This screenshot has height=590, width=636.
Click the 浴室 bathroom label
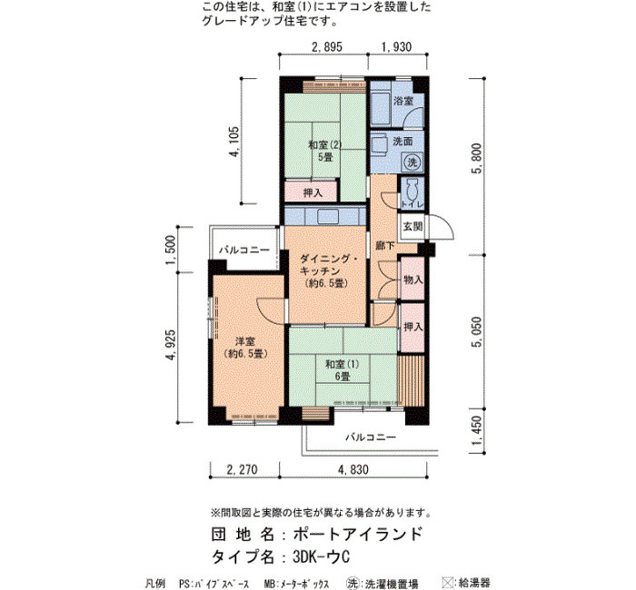[403, 101]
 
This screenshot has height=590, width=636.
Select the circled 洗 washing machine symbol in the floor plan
[412, 162]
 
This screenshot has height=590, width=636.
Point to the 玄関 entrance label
[412, 227]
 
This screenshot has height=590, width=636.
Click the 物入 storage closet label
[412, 280]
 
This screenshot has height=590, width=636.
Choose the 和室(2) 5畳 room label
[325, 151]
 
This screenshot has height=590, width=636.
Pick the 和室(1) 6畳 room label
[343, 370]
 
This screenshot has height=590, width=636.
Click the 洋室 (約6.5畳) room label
[245, 348]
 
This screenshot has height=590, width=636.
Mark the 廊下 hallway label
[385, 246]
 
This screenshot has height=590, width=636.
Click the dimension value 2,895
[326, 47]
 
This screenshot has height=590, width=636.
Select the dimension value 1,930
[396, 47]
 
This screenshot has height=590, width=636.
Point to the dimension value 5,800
[477, 158]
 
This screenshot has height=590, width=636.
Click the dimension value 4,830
[353, 469]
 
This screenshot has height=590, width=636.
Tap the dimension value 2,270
[243, 469]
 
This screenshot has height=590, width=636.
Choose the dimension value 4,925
[171, 345]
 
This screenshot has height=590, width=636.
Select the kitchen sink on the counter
[328, 217]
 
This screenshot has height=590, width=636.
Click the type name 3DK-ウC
[322, 557]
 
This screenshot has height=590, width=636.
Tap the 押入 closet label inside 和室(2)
[313, 192]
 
